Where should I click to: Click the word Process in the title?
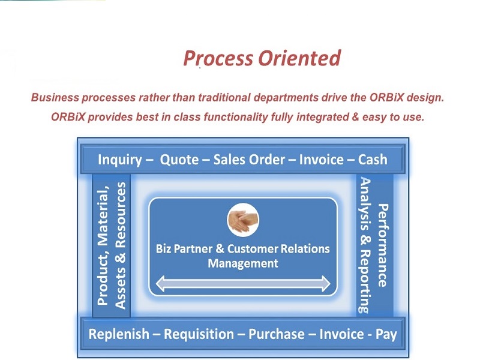pyautogui.click(x=218, y=58)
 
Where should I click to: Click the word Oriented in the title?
pyautogui.click(x=299, y=58)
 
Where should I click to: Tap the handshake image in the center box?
pyautogui.click(x=243, y=220)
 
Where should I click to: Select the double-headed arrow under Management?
pyautogui.click(x=243, y=283)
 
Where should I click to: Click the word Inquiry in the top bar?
pyautogui.click(x=120, y=160)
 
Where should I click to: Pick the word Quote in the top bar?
pyautogui.click(x=179, y=160)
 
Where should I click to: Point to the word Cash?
pyautogui.click(x=373, y=160)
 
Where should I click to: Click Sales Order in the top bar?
pyautogui.click(x=249, y=160)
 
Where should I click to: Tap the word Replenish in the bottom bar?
pyautogui.click(x=119, y=334)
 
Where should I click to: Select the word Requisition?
pyautogui.click(x=199, y=334)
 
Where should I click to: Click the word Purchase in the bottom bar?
pyautogui.click(x=277, y=334)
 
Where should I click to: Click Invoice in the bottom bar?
pyautogui.click(x=341, y=334)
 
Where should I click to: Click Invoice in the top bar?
pyautogui.click(x=322, y=160)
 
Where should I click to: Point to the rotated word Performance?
pyautogui.click(x=383, y=245)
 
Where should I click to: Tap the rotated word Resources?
pyautogui.click(x=121, y=215)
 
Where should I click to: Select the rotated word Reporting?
pyautogui.click(x=365, y=282)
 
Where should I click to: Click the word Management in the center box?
pyautogui.click(x=243, y=263)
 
